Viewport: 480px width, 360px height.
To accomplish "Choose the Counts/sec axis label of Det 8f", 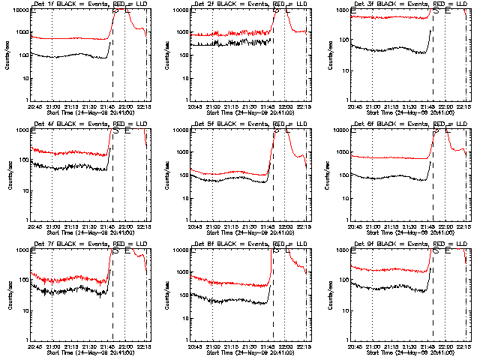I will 169,295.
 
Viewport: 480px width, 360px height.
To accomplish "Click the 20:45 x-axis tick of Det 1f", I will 34,106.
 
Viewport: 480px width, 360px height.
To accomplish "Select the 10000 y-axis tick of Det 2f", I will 181,10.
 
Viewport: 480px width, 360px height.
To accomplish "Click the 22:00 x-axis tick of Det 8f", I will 285,346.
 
